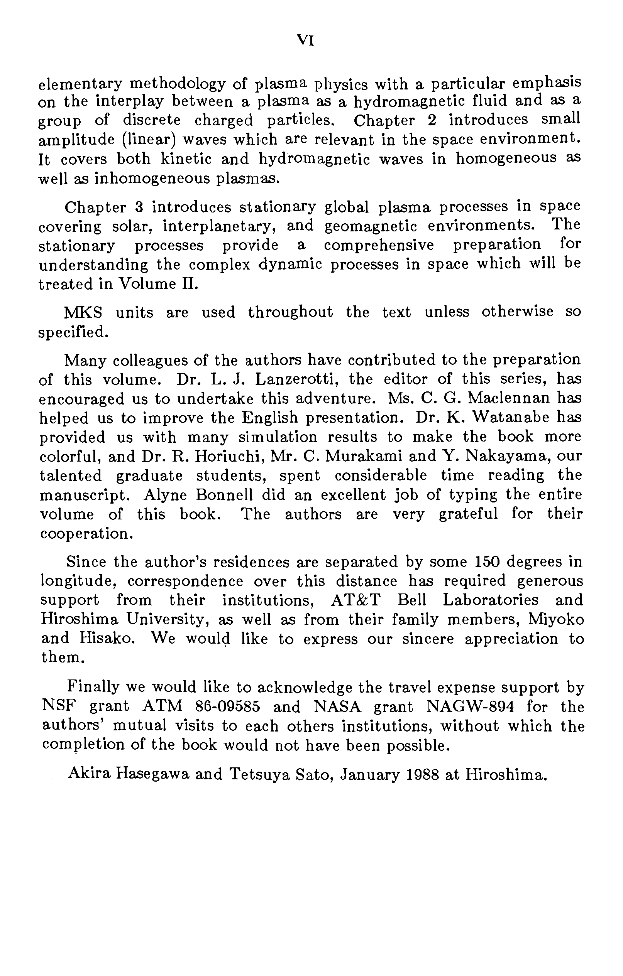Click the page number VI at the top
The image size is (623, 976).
coord(305,40)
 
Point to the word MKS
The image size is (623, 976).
coord(83,312)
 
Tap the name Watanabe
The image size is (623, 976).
coord(511,418)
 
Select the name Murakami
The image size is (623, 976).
coord(364,457)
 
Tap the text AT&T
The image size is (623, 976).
coord(356,600)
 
